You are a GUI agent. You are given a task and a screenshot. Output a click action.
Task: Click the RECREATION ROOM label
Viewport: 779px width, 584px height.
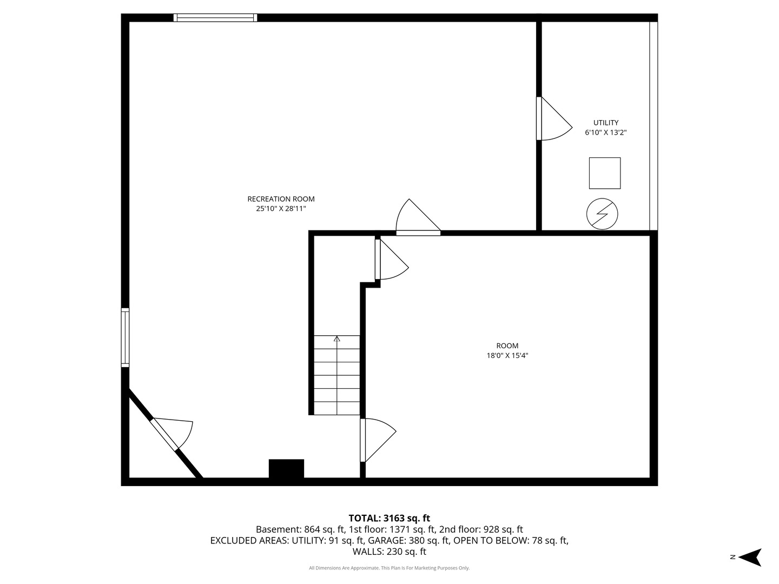pos(281,199)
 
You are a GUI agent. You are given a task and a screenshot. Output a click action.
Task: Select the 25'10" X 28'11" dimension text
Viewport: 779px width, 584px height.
pos(281,209)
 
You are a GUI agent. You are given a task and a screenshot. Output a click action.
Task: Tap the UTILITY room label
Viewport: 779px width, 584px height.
pos(606,123)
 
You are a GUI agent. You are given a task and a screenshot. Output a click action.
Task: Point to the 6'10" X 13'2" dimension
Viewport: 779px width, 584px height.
pos(606,132)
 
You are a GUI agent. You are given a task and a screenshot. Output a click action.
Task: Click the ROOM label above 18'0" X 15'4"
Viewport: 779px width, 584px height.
pos(507,346)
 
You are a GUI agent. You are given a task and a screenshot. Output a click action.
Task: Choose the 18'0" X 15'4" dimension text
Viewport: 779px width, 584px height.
pos(507,355)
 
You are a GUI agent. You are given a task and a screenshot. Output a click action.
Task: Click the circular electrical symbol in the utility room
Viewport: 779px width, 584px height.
pos(602,214)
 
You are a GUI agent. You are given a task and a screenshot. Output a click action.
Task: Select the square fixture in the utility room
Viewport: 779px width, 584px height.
pos(605,173)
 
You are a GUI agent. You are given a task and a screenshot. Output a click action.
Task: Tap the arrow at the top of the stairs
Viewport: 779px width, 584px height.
pos(337,339)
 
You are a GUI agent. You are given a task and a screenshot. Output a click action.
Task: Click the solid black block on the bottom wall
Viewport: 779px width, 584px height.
pos(286,468)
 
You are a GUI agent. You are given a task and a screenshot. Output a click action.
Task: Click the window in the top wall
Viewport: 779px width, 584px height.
pos(215,18)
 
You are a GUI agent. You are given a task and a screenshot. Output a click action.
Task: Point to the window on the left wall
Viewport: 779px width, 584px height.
pos(125,337)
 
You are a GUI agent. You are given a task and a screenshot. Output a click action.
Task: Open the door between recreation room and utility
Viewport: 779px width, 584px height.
pos(554,118)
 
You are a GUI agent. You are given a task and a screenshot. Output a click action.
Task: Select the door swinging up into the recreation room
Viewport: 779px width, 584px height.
pos(418,217)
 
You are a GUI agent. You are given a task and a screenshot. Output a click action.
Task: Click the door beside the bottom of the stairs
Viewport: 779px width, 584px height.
pos(378,440)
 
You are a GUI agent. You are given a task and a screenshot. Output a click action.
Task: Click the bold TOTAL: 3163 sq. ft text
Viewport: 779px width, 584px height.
pos(389,518)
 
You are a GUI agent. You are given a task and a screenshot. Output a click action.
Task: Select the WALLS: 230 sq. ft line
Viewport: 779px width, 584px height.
pos(389,552)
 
